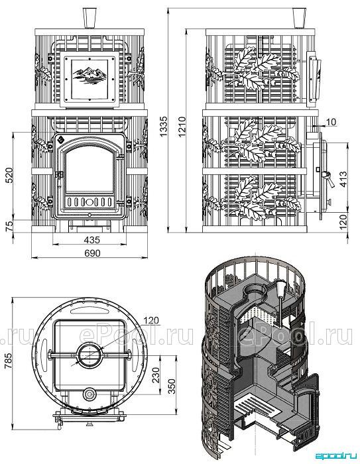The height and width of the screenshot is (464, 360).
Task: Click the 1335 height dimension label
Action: click(162, 126)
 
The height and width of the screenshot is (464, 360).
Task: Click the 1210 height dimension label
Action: click(182, 126)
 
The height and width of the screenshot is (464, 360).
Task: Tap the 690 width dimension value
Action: click(93, 253)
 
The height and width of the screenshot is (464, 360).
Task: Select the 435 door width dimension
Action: click(92, 240)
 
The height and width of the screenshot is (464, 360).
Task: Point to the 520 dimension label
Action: click(9, 175)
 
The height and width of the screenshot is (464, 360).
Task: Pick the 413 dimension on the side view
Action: click(343, 179)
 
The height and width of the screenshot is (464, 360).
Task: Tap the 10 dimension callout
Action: click(332, 122)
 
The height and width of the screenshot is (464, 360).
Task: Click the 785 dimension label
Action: click(9, 360)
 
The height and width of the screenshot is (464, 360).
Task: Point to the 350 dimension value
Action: click(172, 386)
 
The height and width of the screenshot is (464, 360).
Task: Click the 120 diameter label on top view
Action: click(151, 320)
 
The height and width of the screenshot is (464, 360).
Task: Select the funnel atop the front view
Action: click(90, 19)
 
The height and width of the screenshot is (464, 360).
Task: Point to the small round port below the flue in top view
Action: click(90, 394)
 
